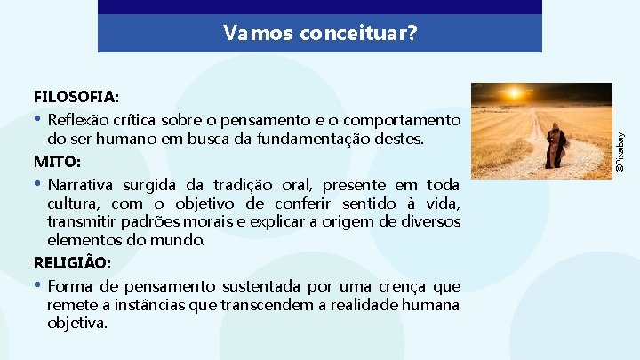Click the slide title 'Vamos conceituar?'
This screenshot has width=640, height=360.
click(319, 34)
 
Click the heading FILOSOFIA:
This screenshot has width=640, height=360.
click(76, 95)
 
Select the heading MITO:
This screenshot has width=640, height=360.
click(57, 163)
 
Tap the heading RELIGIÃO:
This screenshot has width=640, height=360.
click(72, 263)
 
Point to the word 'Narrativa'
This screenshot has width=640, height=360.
click(83, 186)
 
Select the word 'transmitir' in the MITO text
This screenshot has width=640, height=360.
click(80, 221)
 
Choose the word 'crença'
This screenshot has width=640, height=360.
click(403, 286)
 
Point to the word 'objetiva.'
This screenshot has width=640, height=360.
click(77, 323)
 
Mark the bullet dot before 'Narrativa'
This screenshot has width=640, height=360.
click(37, 185)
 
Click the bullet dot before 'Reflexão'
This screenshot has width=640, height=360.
click(37, 119)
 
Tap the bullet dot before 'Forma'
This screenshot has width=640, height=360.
click(37, 285)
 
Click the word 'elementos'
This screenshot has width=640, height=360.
click(81, 240)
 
